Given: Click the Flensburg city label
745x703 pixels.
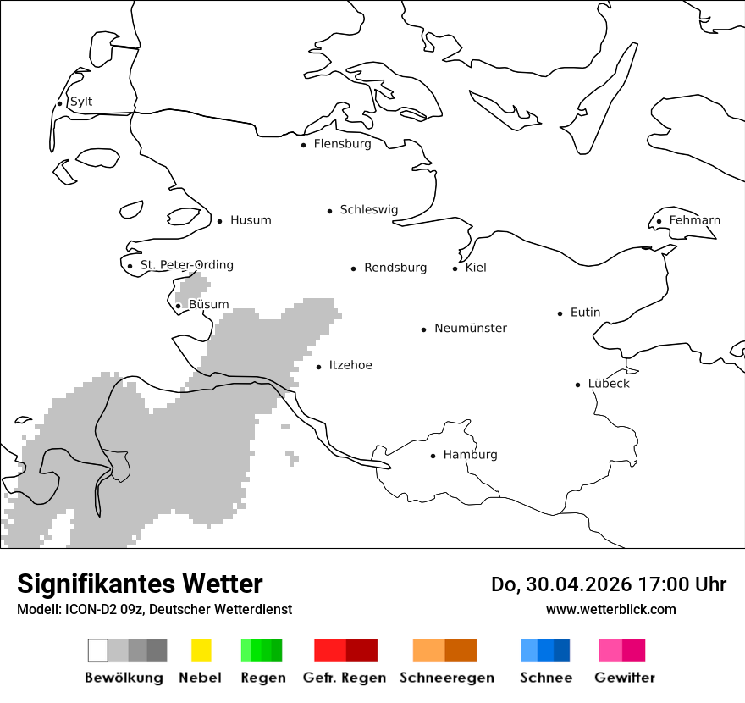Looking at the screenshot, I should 342,144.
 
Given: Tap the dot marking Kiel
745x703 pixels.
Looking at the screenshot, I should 455,268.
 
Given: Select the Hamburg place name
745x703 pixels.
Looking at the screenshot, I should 470,455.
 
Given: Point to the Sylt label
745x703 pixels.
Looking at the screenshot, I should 81,102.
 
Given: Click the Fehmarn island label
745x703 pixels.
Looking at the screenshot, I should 694,220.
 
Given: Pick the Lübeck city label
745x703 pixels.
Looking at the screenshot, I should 609,384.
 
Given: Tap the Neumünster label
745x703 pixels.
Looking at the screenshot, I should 471,328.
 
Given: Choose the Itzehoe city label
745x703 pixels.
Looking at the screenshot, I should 350,365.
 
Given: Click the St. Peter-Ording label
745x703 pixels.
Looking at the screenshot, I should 186,265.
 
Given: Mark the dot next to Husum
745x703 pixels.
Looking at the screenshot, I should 219,221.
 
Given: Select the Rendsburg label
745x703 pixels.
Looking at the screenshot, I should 395,268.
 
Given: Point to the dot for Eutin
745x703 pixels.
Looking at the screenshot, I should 560,313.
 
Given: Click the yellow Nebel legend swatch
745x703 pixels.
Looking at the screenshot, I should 201,650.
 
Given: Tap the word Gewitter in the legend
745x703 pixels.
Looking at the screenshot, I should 625,678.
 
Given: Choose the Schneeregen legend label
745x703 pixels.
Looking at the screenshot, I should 447,678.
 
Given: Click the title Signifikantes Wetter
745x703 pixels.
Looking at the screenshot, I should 140,584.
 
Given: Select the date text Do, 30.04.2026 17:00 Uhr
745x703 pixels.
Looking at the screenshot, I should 609,584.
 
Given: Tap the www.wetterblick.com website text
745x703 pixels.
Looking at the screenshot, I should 610,609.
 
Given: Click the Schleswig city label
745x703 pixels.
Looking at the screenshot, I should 368,210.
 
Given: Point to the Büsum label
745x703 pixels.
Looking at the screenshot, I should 208,304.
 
